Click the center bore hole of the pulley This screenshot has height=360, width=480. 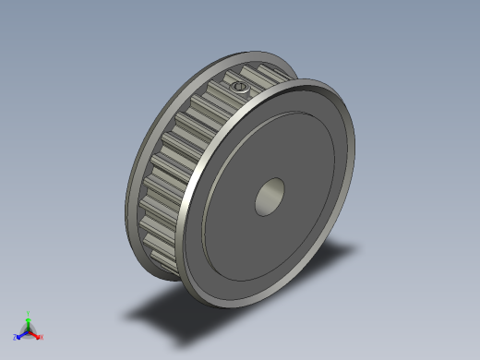click(x=270, y=197)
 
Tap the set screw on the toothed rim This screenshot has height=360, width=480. click(x=240, y=87)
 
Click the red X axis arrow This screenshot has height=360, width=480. click(x=36, y=334)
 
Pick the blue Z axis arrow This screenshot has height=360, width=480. click(x=21, y=334)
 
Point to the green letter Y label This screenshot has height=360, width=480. click(x=29, y=313)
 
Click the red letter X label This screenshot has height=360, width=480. click(x=42, y=337)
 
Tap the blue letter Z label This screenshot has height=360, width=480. click(x=16, y=337)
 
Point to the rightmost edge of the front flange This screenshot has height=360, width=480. click(x=354, y=148)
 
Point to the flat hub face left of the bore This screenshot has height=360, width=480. click(x=231, y=208)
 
